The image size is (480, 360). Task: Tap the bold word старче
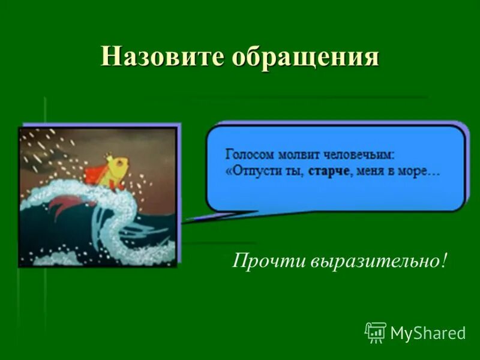pos(329,171)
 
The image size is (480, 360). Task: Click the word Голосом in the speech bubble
pos(248,154)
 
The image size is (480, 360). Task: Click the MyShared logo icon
pos(376,332)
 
